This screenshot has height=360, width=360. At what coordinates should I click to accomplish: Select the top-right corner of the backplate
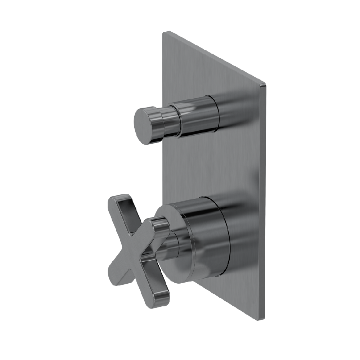(265, 85)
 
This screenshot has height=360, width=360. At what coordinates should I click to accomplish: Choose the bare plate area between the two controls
(216, 166)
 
